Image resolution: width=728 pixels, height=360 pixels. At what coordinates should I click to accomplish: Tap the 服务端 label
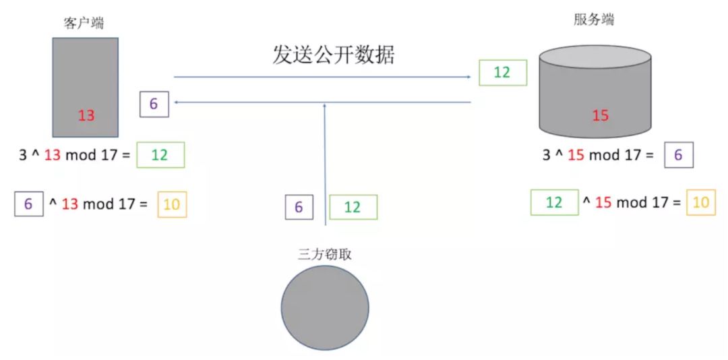(594, 20)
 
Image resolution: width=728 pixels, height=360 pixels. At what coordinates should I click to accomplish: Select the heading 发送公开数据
(334, 55)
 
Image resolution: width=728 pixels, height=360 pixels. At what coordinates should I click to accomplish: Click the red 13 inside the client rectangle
(86, 115)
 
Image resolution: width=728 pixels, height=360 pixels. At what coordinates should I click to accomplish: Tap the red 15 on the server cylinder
(600, 115)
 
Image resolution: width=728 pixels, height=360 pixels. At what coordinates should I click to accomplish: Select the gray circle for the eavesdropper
(325, 307)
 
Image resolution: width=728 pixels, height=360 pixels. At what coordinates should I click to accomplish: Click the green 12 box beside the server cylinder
(502, 72)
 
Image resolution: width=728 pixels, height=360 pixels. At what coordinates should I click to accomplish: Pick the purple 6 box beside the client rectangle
(154, 104)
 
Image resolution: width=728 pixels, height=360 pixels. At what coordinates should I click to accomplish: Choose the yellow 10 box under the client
(172, 204)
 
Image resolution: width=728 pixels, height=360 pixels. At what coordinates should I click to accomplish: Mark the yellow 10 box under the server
(701, 203)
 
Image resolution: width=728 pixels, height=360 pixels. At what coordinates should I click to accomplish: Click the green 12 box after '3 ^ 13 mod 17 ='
(160, 155)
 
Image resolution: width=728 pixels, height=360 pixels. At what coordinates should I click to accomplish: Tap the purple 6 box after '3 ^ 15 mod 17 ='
(678, 155)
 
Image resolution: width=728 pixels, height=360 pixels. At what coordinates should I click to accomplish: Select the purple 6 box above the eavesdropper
(299, 207)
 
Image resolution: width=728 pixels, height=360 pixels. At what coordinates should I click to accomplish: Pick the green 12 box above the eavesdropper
(353, 207)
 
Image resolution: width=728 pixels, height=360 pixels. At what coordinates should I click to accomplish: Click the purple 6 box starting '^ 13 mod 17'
(28, 204)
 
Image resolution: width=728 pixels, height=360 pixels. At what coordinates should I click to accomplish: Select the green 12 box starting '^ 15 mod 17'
(554, 203)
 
